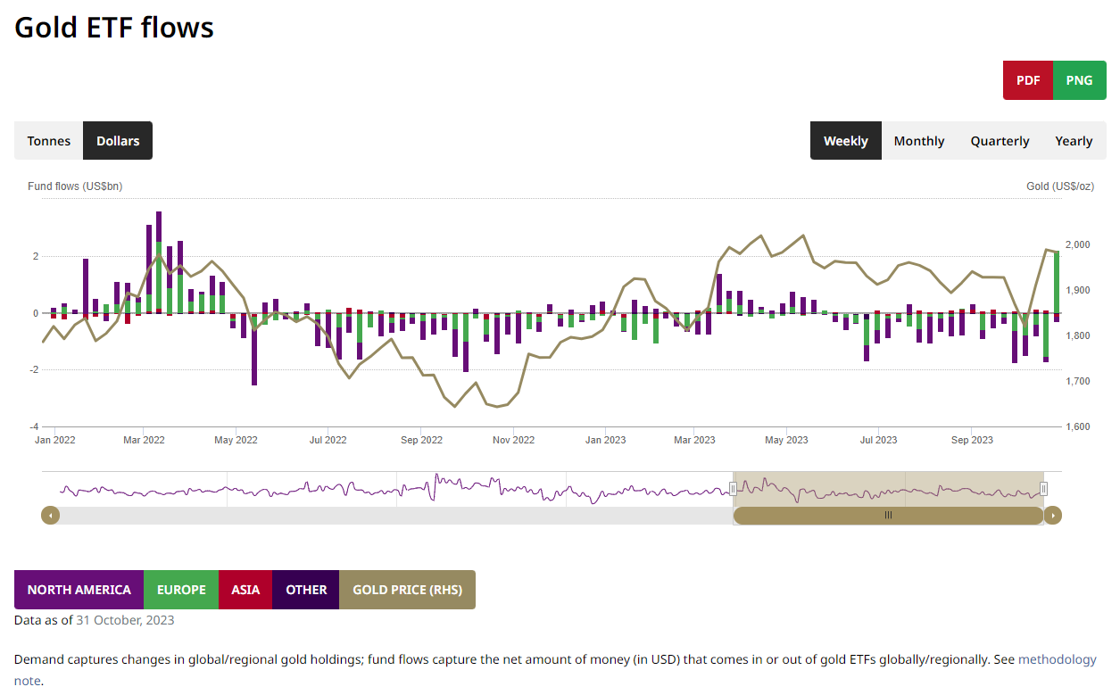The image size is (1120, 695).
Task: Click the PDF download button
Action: coord(1028,80)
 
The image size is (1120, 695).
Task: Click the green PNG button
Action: coord(1079,80)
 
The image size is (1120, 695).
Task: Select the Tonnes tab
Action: coord(49,141)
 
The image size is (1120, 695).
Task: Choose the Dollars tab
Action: coord(118,141)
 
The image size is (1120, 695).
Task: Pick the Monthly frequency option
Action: coord(918,141)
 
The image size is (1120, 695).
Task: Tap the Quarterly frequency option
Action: coord(1000,141)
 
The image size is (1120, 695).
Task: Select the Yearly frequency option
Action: coord(1074,141)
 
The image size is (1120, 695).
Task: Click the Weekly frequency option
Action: coord(845,141)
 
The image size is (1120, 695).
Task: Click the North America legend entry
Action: coord(79,590)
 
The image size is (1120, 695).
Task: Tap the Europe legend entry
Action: coord(181,590)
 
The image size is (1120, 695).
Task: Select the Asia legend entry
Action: coord(245,590)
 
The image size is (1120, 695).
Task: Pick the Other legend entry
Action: coord(306,590)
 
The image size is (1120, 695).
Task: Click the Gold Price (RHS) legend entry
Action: coord(407,590)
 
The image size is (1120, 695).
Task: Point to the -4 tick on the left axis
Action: coord(35,427)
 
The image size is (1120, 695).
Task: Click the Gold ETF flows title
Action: coord(114,28)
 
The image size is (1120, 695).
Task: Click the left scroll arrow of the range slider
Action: coord(51,515)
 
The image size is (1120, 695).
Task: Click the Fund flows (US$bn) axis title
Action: coord(75,186)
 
